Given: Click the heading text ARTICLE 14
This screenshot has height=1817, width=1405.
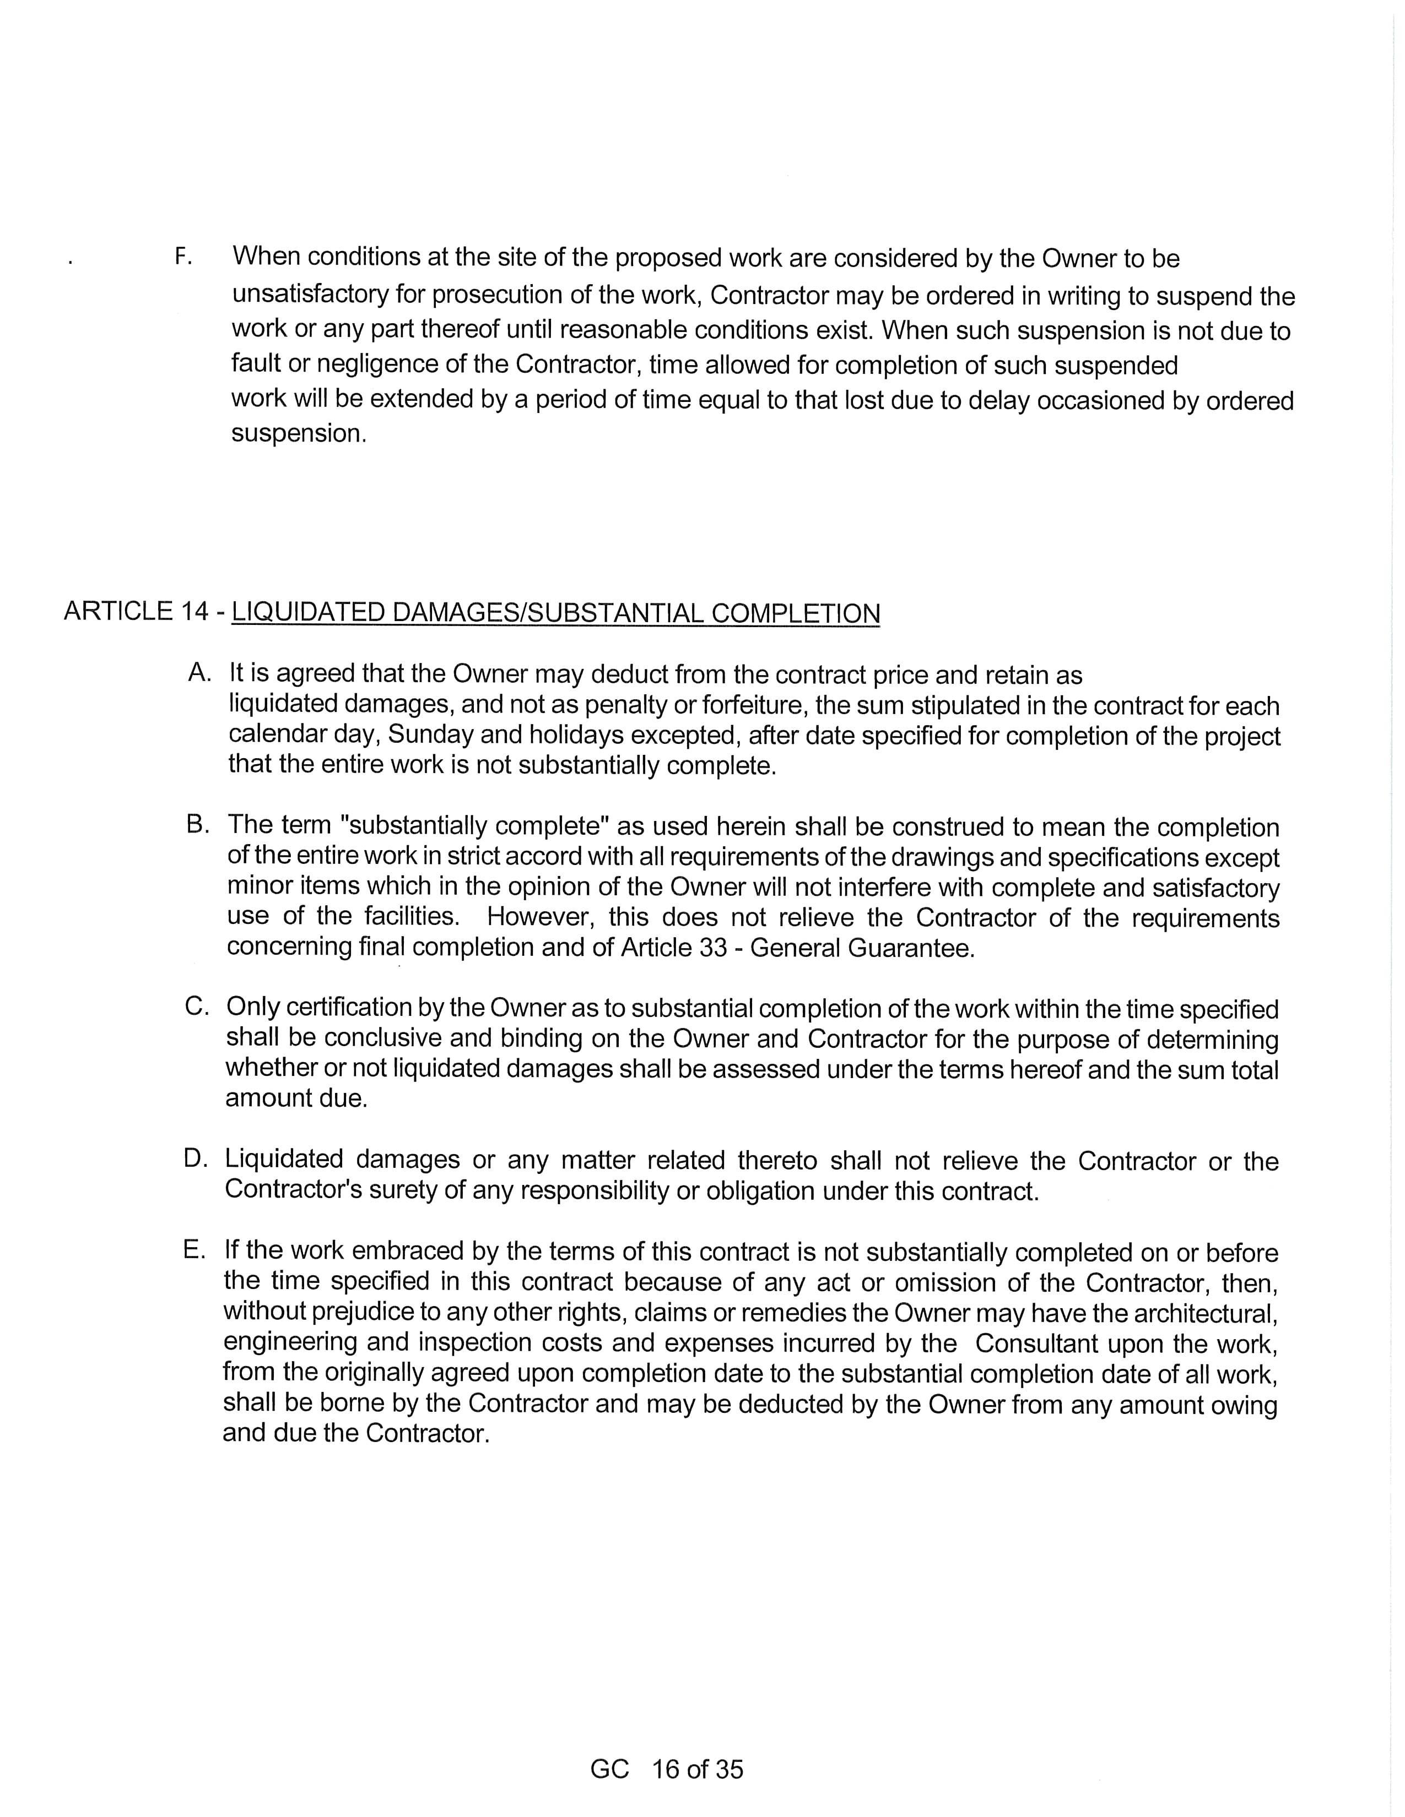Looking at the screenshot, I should tap(136, 612).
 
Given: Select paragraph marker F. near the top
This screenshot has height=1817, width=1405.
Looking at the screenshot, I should tap(183, 257).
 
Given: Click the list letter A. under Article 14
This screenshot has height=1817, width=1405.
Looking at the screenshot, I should tap(200, 672).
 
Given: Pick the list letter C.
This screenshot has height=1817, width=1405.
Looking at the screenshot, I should tap(197, 1007).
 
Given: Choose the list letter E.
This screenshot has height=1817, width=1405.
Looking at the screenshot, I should tap(194, 1250).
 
